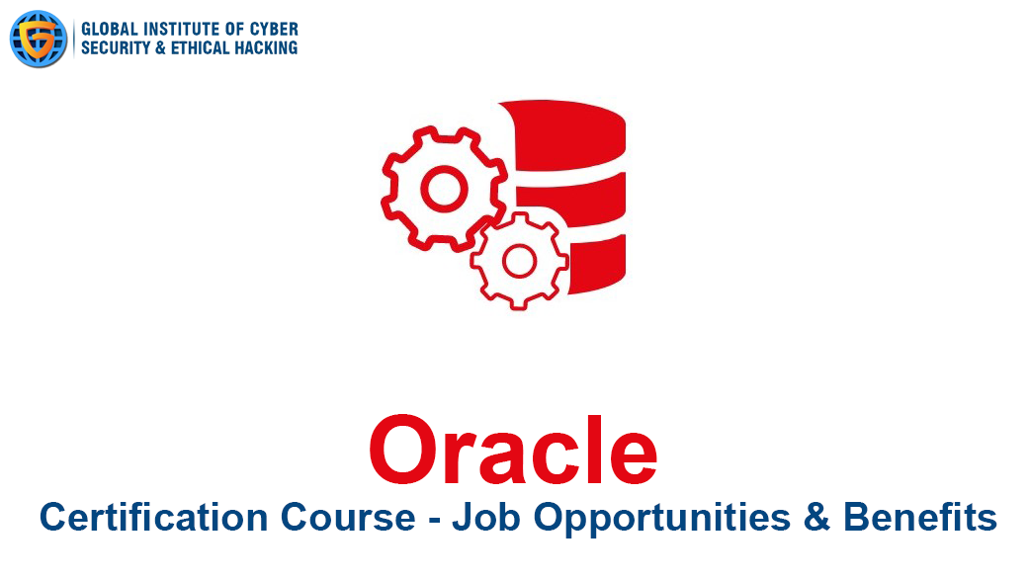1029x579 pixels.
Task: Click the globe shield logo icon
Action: [39, 39]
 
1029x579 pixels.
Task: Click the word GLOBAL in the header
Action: [110, 29]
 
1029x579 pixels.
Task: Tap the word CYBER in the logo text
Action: [275, 29]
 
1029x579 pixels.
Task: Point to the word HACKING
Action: [267, 47]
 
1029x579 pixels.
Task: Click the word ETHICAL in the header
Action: [200, 47]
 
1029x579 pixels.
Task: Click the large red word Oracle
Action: [513, 450]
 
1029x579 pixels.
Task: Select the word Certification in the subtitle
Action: [154, 517]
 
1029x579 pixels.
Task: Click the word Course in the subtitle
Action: [348, 518]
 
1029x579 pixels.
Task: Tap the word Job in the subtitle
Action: [486, 518]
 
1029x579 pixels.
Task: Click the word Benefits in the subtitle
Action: [920, 517]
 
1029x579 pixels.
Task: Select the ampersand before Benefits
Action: [817, 518]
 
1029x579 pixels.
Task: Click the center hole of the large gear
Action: [444, 189]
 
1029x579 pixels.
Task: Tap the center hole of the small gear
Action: [520, 262]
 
